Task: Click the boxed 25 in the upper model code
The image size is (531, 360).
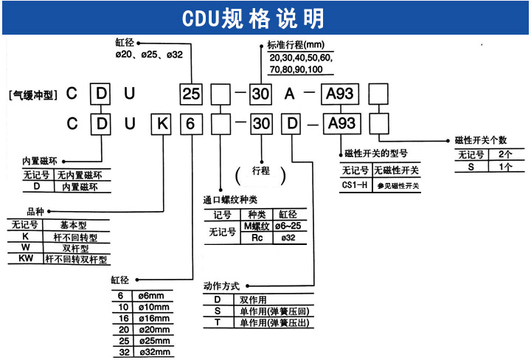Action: (x=192, y=94)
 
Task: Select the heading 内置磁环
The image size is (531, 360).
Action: (x=41, y=160)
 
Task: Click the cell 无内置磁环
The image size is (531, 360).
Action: (x=82, y=175)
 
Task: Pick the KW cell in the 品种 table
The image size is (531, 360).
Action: (x=25, y=260)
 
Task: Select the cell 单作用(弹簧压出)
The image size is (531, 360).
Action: (x=273, y=324)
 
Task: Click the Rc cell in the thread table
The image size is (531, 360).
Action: (x=257, y=238)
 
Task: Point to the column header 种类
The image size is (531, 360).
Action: (x=256, y=215)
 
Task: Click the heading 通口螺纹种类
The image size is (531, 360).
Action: (x=232, y=199)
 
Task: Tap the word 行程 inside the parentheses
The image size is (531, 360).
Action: (x=261, y=171)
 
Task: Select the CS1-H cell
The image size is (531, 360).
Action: (x=354, y=185)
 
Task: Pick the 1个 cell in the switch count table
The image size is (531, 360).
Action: (x=504, y=167)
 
